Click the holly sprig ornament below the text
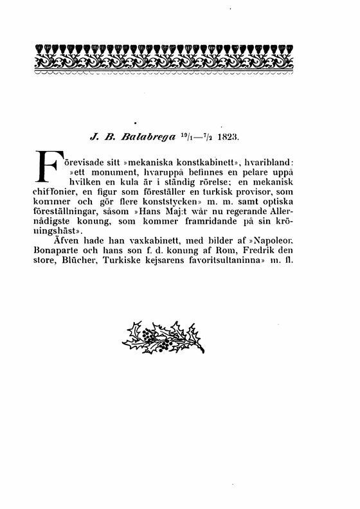pos(163,337)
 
